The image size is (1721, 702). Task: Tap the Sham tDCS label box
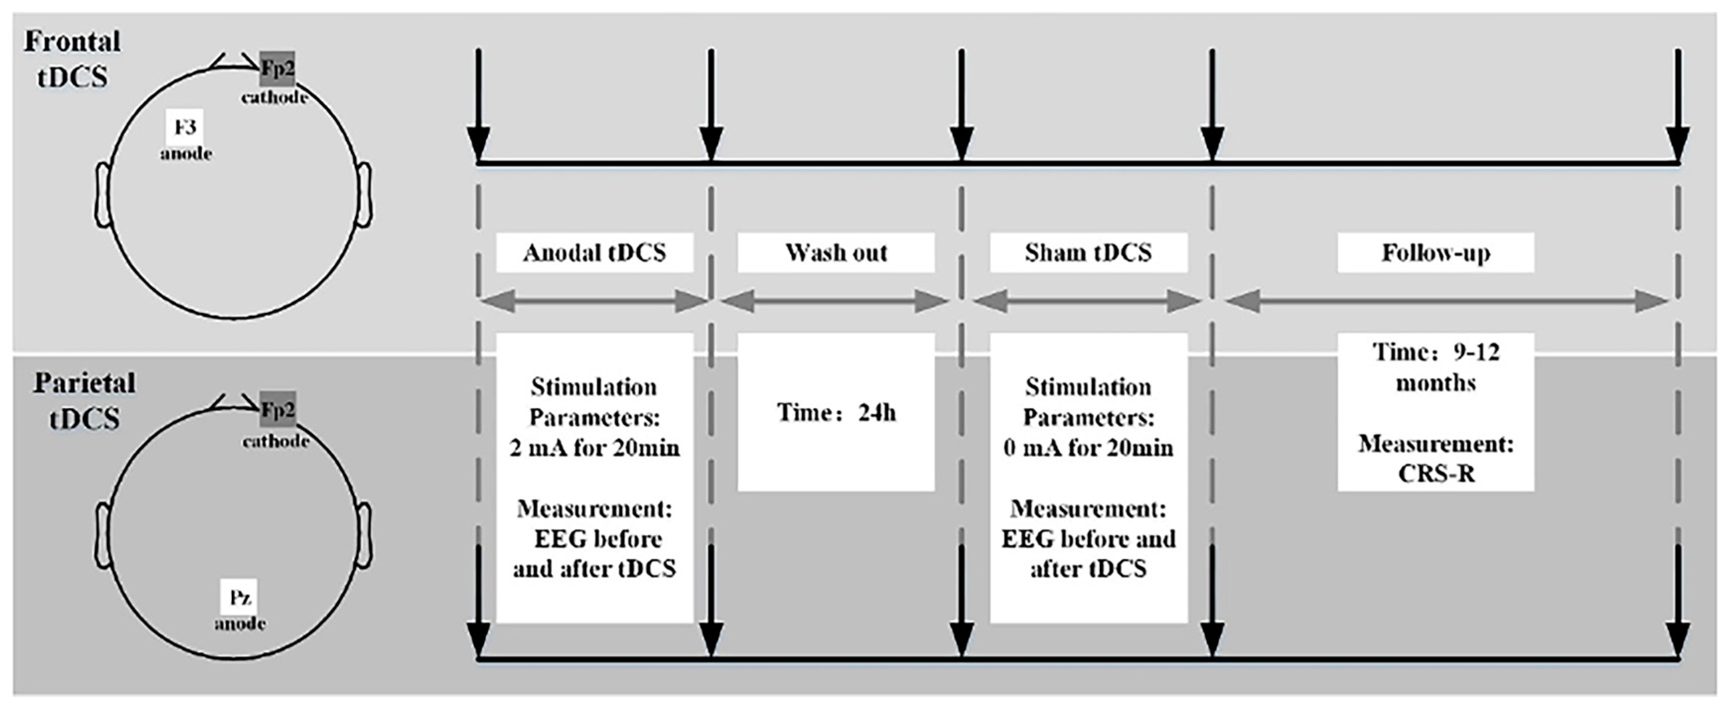tap(1088, 253)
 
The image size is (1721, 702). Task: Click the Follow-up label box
tap(1435, 253)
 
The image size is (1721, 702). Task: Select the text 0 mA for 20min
tap(1088, 447)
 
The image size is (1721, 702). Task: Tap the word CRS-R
tap(1435, 474)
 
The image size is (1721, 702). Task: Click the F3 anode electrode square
tap(185, 127)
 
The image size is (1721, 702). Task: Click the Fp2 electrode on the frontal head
tap(277, 68)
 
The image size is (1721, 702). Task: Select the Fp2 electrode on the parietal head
tap(277, 409)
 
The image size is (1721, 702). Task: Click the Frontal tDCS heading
tap(72, 59)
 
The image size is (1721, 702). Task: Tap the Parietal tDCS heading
tap(84, 401)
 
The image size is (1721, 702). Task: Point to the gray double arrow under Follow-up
tap(1446, 301)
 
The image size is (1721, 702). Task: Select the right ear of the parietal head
tap(365, 532)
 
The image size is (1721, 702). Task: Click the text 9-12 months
tap(1435, 367)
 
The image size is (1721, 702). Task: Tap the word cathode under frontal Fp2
tap(275, 98)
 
